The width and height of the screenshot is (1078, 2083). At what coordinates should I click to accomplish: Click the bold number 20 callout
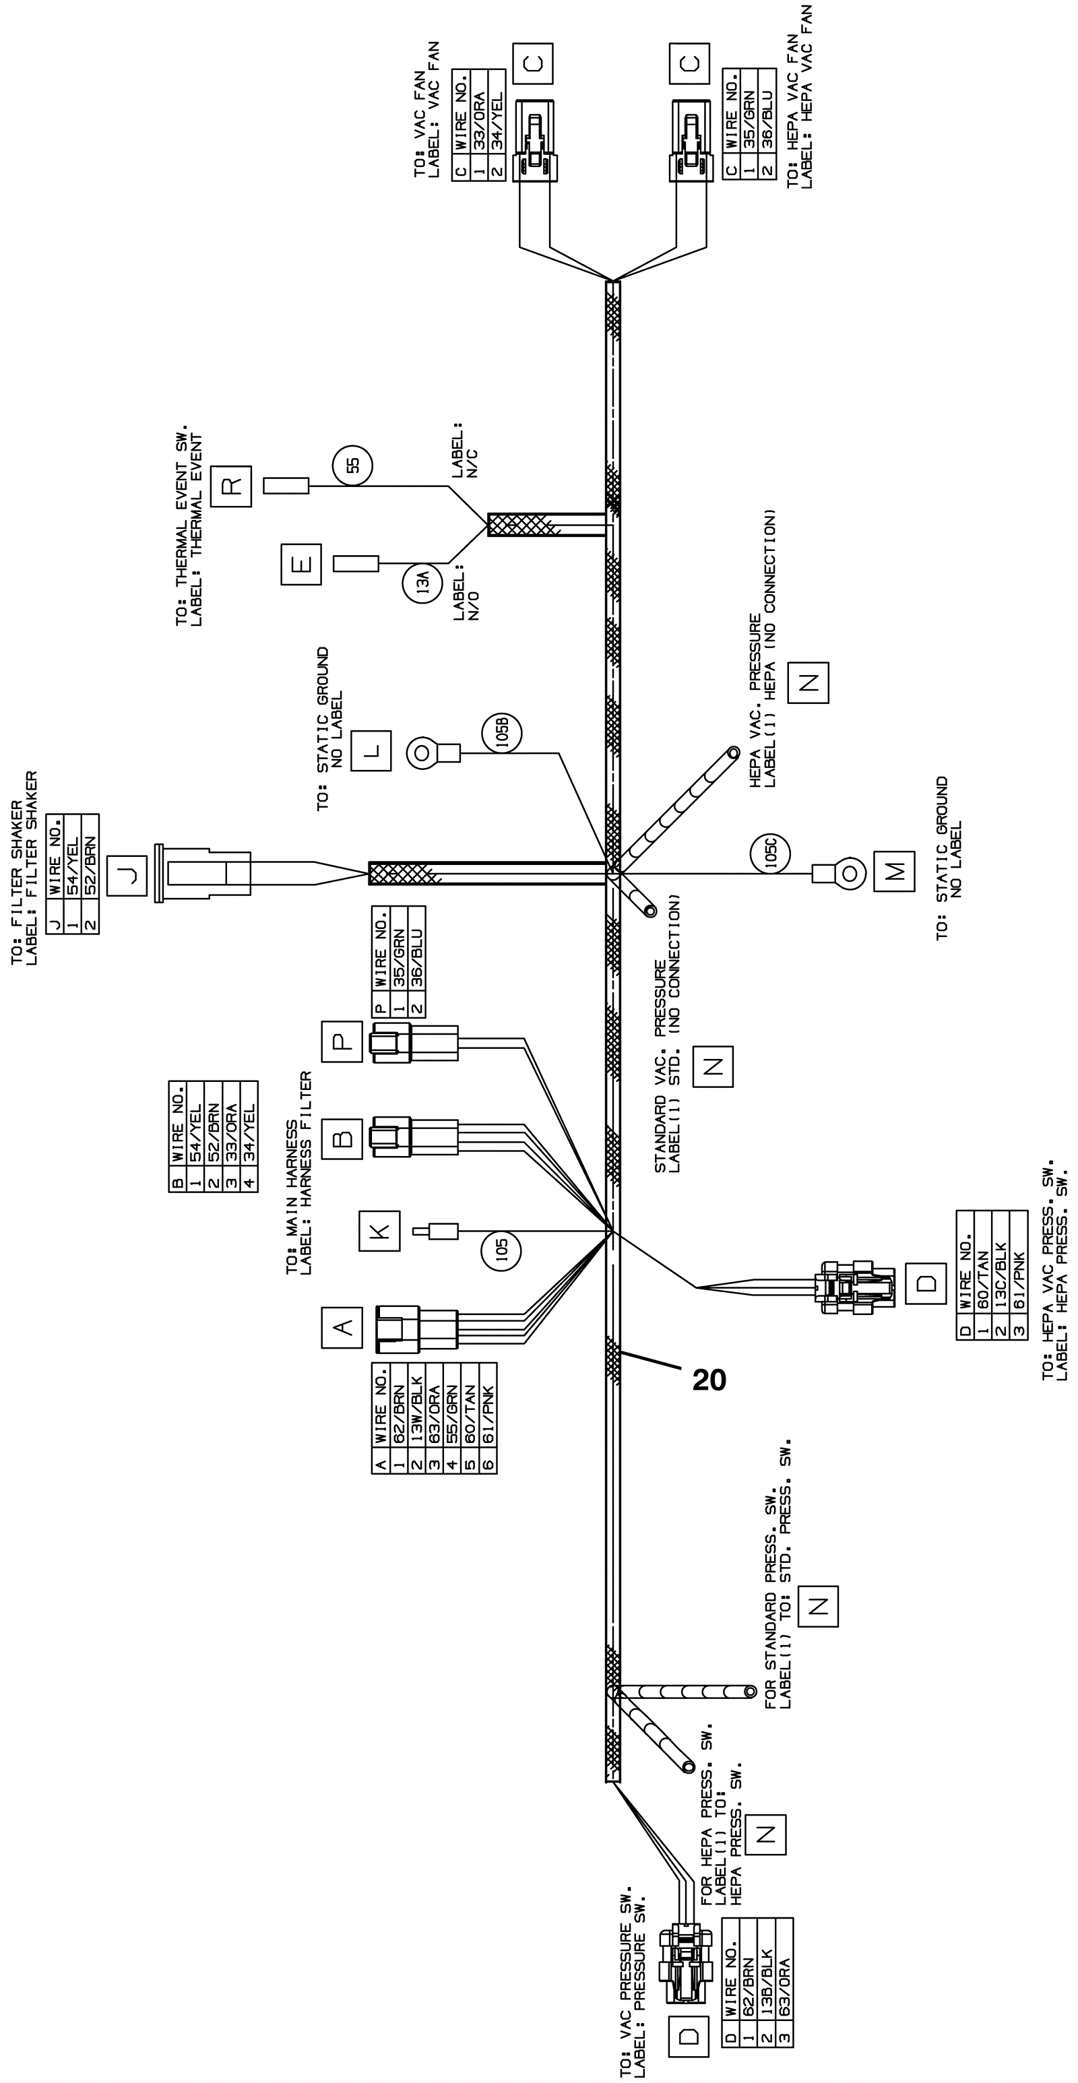click(709, 1380)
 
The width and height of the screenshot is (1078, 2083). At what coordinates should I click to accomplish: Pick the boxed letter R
click(231, 486)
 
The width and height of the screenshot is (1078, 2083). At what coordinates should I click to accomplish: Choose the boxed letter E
click(301, 565)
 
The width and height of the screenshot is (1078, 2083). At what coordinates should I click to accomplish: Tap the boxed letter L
click(371, 751)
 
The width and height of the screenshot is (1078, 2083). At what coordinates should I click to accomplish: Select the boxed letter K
click(380, 1231)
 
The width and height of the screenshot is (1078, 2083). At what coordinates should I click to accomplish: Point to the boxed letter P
click(342, 1041)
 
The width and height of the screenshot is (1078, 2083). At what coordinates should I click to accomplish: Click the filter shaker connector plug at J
click(202, 873)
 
